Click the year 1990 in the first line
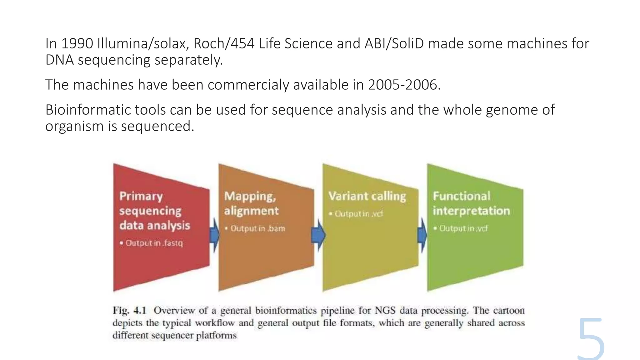pyautogui.click(x=77, y=43)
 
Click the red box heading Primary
pyautogui.click(x=141, y=196)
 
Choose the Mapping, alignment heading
pyautogui.click(x=251, y=203)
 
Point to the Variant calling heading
pyautogui.click(x=367, y=196)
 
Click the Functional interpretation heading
pyautogui.click(x=471, y=203)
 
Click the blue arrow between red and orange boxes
pyautogui.click(x=214, y=235)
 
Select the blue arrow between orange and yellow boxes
pyautogui.click(x=318, y=235)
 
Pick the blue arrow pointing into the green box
pyautogui.click(x=422, y=235)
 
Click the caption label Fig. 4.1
pyautogui.click(x=129, y=310)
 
